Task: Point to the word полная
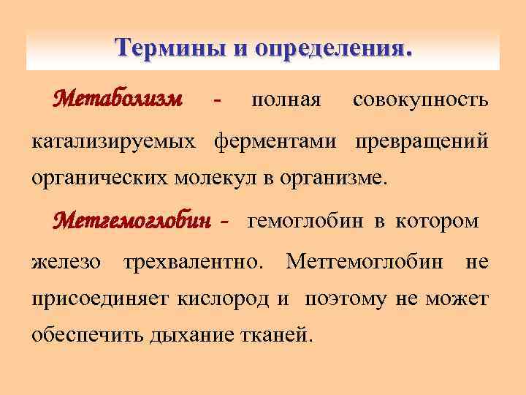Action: [286, 99]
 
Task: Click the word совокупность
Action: [421, 99]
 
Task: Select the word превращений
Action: [422, 140]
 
